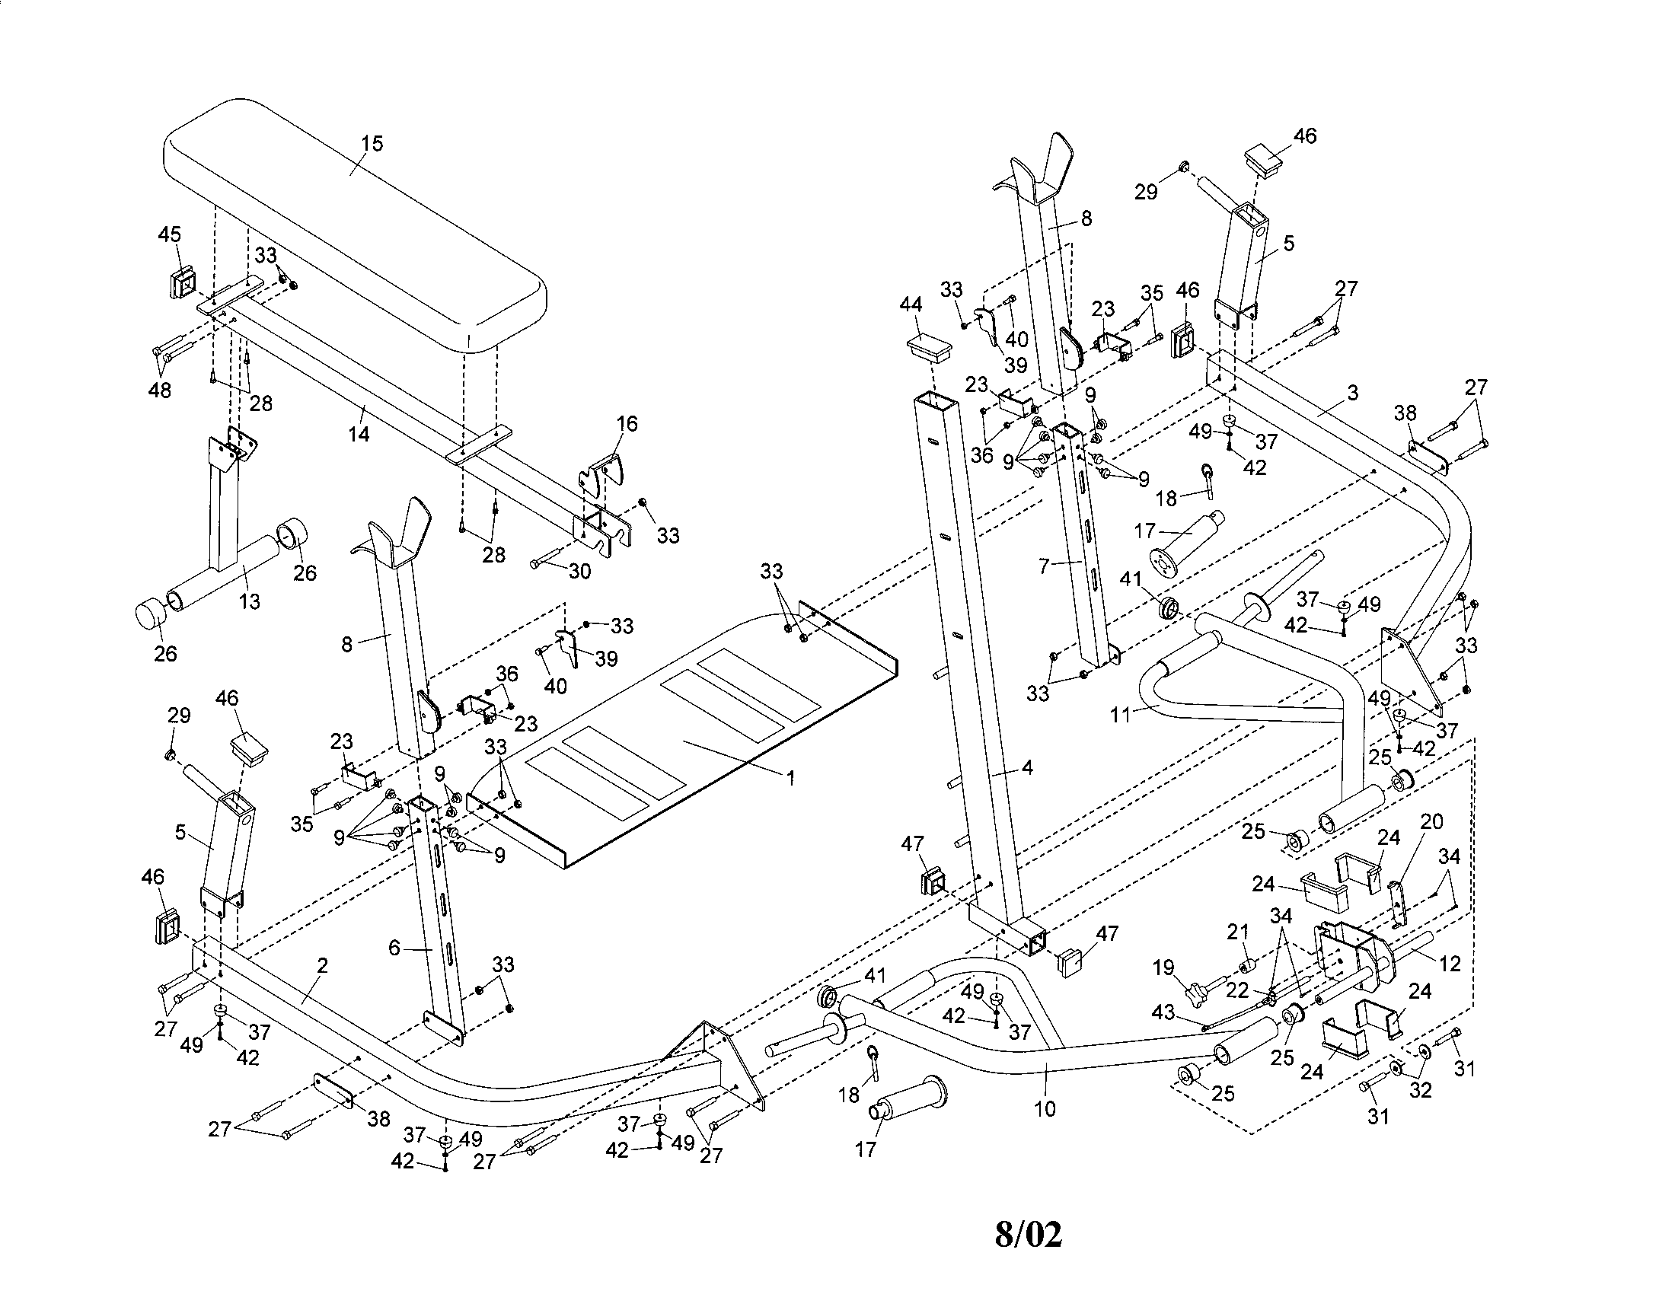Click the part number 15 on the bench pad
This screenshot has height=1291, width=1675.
[372, 144]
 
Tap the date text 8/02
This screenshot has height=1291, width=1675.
[1029, 1234]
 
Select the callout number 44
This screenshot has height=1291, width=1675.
[911, 304]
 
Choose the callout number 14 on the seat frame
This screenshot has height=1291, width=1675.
[359, 434]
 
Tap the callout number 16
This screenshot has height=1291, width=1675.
[627, 424]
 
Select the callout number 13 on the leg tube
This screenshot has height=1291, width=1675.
[249, 602]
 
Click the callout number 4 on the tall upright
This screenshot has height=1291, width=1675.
[1028, 767]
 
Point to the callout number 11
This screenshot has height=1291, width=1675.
[1121, 716]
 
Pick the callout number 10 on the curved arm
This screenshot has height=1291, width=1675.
[1045, 1108]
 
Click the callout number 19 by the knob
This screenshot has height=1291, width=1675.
[1164, 967]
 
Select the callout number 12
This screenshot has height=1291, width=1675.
[1450, 964]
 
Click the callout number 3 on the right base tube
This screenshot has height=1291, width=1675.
[1353, 393]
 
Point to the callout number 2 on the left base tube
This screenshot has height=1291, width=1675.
[323, 966]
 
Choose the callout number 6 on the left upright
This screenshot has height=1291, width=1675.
[394, 948]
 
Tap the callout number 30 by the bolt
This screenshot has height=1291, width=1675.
[580, 572]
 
